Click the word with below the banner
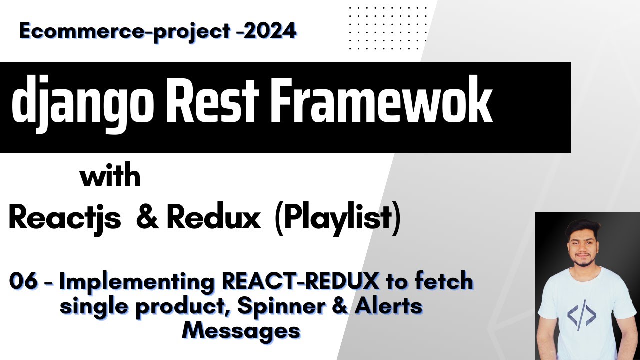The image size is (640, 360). [110, 177]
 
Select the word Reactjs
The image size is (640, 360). [65, 218]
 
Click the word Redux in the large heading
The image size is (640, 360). [213, 218]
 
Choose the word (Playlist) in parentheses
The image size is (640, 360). [338, 219]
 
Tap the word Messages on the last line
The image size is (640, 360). [241, 330]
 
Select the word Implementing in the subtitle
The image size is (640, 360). [138, 283]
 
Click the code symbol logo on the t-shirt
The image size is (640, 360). [582, 315]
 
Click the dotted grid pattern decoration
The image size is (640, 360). [388, 28]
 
